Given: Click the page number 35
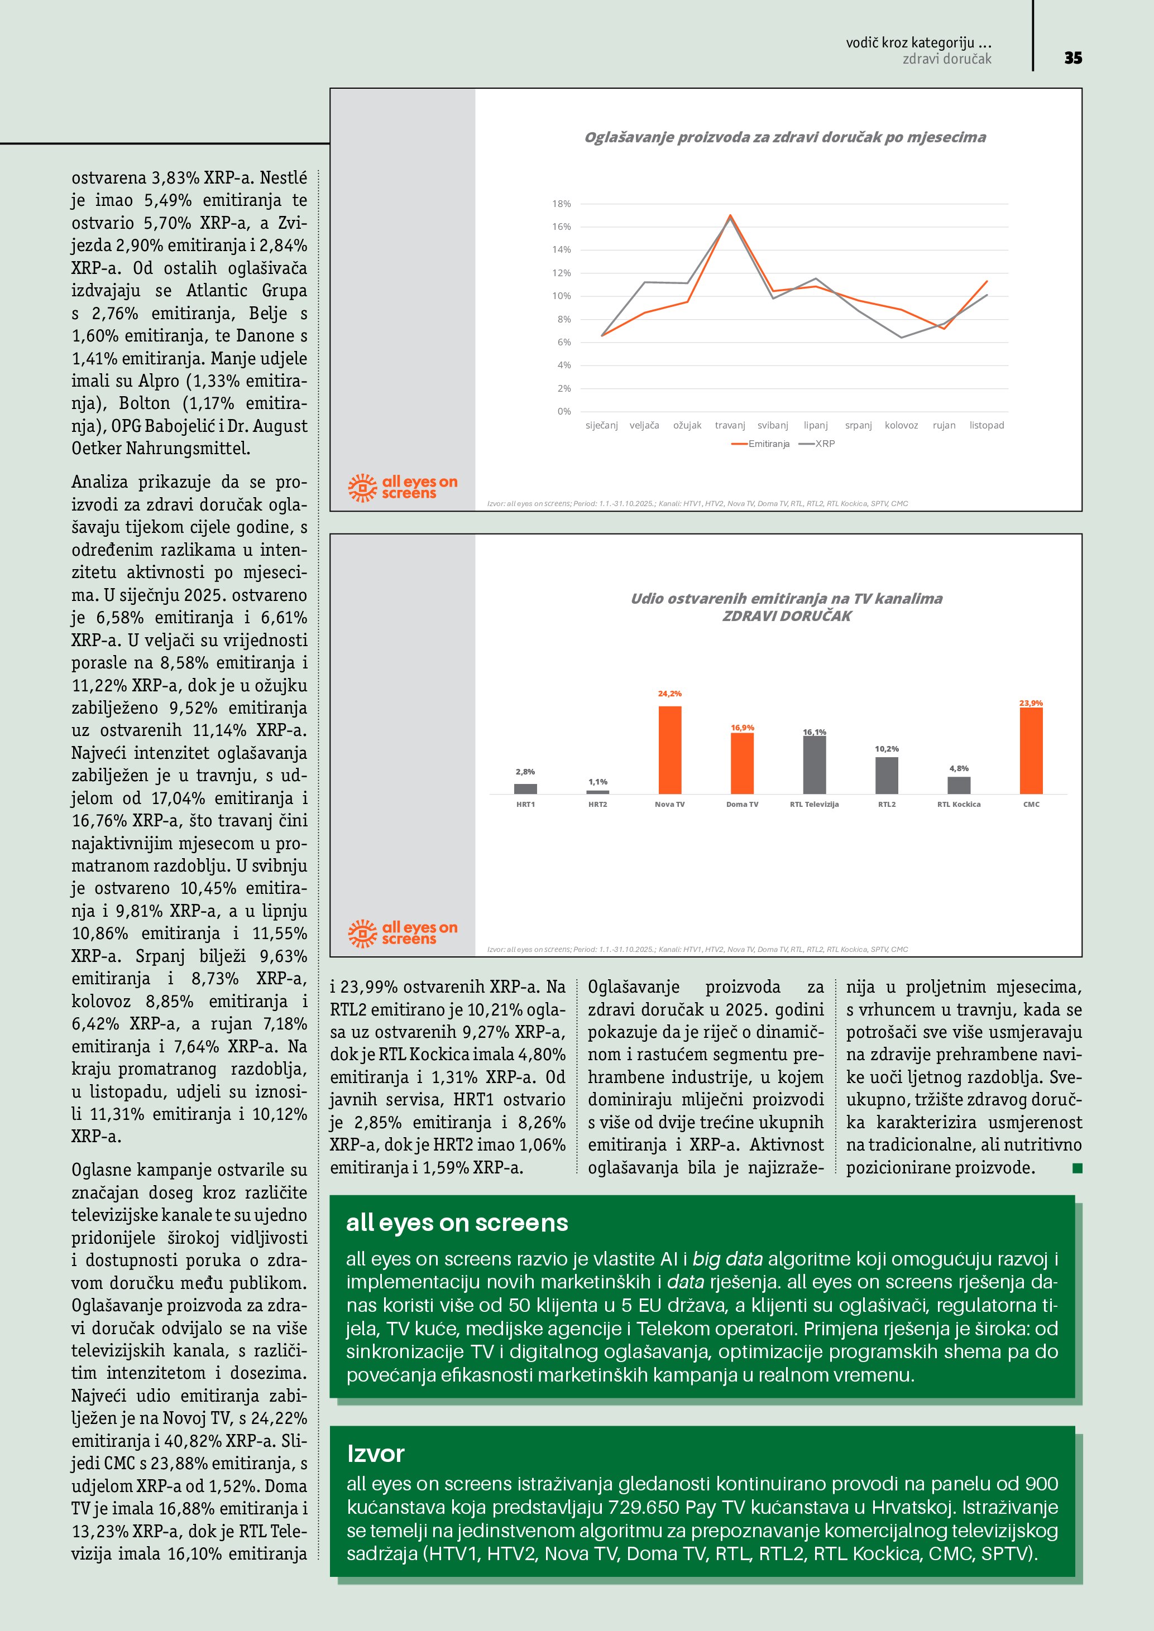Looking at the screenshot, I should [1073, 58].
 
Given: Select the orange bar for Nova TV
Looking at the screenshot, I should [669, 749].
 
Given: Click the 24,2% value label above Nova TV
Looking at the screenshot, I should [669, 694].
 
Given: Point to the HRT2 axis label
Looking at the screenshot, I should [597, 804].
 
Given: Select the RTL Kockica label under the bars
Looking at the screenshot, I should [959, 804].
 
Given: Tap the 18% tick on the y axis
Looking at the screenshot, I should [561, 204].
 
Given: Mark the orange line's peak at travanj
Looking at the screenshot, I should [730, 215].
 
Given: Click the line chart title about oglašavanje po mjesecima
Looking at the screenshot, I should [784, 137].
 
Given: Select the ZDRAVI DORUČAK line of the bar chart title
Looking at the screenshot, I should [787, 616].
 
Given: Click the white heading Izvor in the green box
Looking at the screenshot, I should [375, 1454].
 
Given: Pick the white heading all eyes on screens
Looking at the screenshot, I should [457, 1223].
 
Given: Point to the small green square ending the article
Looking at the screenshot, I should [1078, 1168].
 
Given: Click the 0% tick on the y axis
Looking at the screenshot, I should [563, 411].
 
